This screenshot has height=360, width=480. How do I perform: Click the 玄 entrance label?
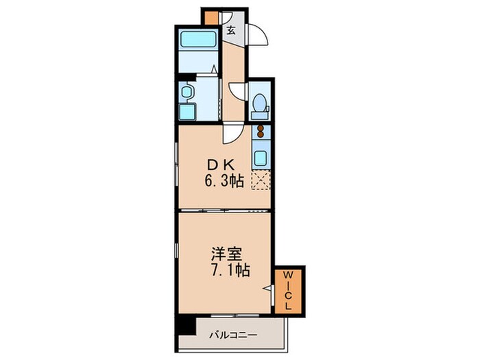click(232, 29)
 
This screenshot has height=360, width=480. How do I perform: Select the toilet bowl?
click(259, 104)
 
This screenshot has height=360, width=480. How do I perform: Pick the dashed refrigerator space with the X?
click(261, 180)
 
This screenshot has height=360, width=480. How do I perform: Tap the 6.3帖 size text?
click(223, 182)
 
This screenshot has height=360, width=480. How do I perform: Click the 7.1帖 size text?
click(226, 271)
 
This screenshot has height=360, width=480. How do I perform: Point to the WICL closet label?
click(288, 291)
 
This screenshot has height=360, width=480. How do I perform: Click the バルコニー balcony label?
click(233, 336)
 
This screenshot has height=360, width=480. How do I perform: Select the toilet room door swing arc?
click(235, 91)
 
